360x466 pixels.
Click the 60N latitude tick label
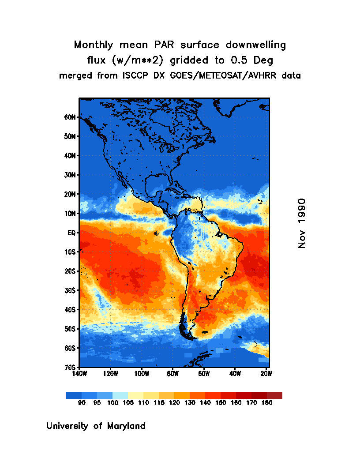point(71,117)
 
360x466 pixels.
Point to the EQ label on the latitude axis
point(72,232)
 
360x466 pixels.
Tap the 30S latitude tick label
point(71,290)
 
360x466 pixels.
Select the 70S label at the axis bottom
point(71,367)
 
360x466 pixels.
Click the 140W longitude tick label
point(79,374)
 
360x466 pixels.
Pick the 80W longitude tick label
point(172,374)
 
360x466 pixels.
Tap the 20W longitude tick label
point(266,374)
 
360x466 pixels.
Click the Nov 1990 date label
point(302,223)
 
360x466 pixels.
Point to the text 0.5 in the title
point(239,60)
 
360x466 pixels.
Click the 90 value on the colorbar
point(82,402)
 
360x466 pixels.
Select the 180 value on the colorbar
point(266,402)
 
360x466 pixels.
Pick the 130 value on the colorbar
point(189,402)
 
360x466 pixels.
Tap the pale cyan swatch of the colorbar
point(120,395)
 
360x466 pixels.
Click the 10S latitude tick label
point(71,252)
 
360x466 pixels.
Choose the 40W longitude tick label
point(235,374)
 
